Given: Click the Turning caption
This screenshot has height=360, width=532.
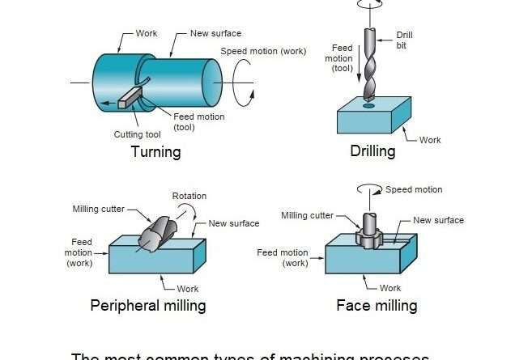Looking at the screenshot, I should (155, 152).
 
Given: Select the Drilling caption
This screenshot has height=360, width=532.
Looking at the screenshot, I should (372, 151).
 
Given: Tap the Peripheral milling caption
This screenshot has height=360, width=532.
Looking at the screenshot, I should (147, 305).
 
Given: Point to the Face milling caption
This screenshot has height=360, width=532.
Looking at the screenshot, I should (377, 305).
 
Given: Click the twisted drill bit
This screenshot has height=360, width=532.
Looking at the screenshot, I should (369, 69).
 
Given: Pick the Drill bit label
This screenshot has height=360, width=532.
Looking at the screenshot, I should (405, 40).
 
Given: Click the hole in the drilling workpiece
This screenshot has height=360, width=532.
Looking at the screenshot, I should (369, 105).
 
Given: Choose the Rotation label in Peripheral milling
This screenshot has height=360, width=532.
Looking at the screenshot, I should (189, 196).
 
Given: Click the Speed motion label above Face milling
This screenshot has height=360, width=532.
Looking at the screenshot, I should (413, 189).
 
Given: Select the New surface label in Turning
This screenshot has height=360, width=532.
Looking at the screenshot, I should (216, 33).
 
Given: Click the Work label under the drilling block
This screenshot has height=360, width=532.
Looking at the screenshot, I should (430, 140).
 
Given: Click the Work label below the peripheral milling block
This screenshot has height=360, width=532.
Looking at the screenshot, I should (187, 288).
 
